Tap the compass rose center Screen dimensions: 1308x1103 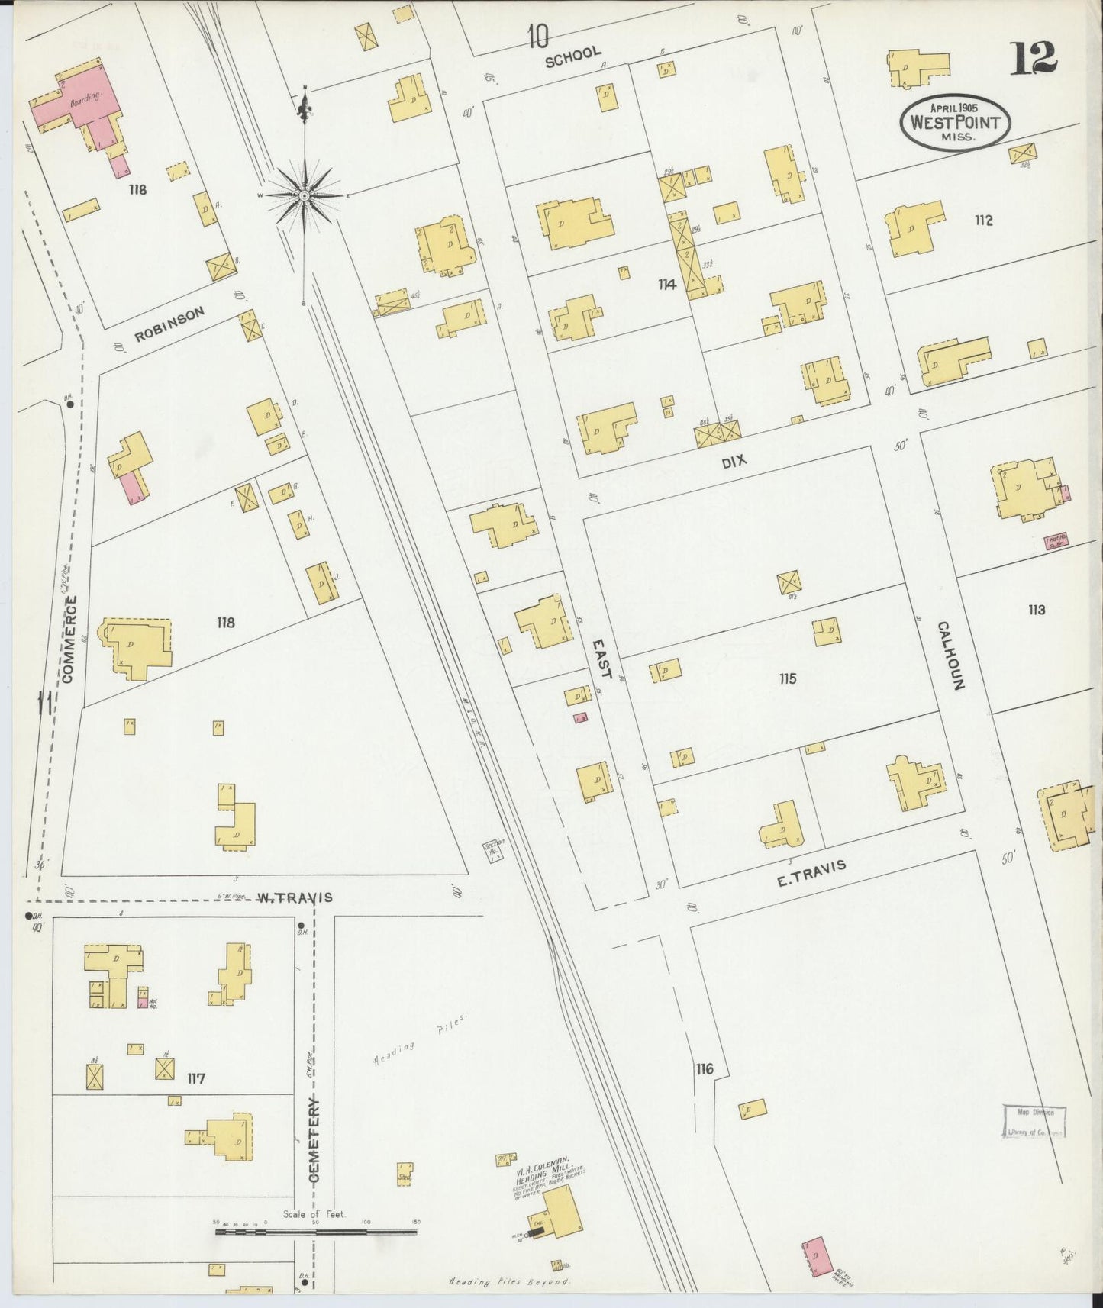[305, 196]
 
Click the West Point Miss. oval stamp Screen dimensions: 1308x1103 [954, 122]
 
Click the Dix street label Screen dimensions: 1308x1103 [733, 461]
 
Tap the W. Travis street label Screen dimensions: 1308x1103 [295, 897]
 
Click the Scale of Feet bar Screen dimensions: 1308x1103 [316, 1231]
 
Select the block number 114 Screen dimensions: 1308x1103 [667, 285]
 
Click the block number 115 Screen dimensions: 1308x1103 [787, 678]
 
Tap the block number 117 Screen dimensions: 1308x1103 [195, 1078]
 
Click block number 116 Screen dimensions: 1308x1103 [704, 1068]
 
